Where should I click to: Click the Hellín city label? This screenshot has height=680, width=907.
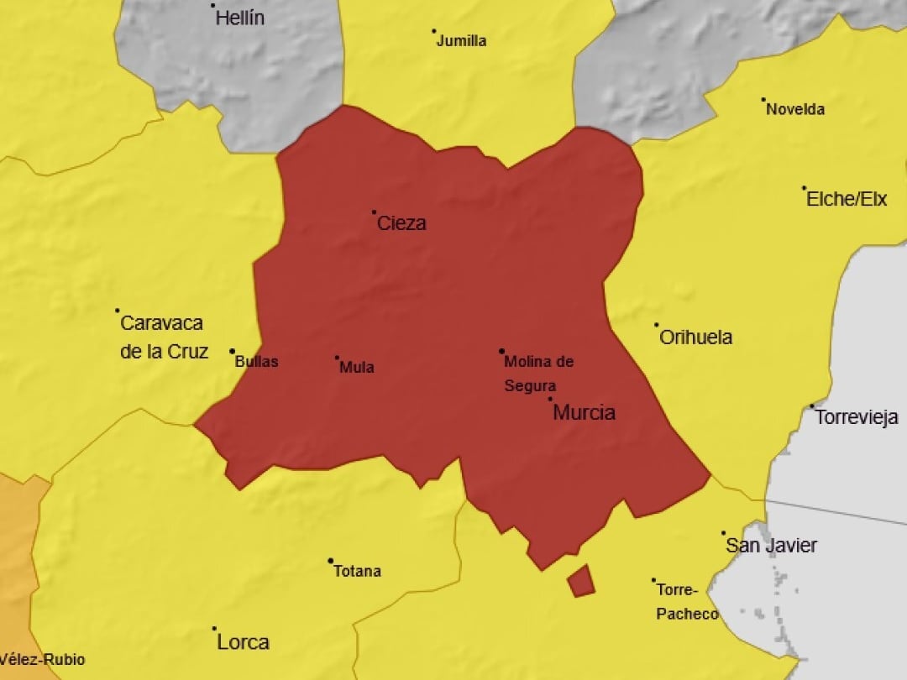240,18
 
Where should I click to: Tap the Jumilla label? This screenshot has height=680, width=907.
461,40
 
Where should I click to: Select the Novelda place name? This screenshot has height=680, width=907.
795,109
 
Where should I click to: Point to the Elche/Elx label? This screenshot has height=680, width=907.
846,200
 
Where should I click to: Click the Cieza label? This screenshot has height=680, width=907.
401,223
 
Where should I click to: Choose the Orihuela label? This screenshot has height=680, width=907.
695,337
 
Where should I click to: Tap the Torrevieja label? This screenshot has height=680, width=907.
857,417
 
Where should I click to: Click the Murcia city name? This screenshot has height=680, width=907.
584,412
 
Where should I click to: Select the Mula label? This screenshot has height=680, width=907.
357,367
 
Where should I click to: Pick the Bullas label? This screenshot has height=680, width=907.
256,362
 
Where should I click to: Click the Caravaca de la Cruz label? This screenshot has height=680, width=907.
163,337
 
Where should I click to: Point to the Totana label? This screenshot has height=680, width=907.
357,572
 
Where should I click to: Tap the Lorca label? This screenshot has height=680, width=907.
243,643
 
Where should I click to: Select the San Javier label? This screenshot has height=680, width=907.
771,546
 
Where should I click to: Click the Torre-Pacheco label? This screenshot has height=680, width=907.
687,602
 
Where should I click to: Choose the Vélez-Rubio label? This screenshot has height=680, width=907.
42,660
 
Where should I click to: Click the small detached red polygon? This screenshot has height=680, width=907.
580,580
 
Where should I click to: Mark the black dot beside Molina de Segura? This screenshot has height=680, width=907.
501,351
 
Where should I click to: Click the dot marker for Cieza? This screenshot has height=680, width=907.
375,212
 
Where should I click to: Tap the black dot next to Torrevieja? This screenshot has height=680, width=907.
812,406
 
